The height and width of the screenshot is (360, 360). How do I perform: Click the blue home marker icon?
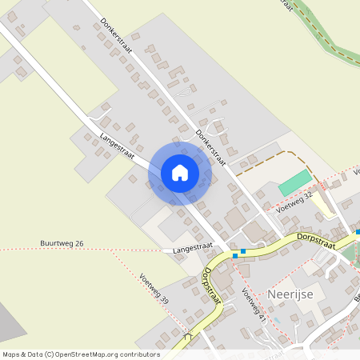pyautogui.click(x=180, y=173)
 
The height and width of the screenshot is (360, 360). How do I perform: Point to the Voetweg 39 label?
pyautogui.click(x=154, y=288)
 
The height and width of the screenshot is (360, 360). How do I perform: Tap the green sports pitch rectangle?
pyautogui.click(x=296, y=182)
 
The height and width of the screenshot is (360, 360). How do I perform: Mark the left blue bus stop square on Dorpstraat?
pyautogui.click(x=234, y=255)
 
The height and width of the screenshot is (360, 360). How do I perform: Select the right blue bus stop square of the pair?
pyautogui.click(x=243, y=251)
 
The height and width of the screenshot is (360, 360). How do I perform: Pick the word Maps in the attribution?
pyautogui.click(x=11, y=354)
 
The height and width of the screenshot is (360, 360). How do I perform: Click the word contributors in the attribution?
pyautogui.click(x=139, y=354)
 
